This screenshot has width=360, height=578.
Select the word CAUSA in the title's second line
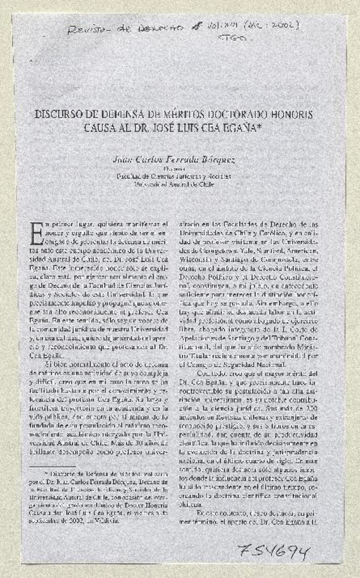tap(99, 128)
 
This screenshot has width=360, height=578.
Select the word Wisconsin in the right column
tap(197, 259)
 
